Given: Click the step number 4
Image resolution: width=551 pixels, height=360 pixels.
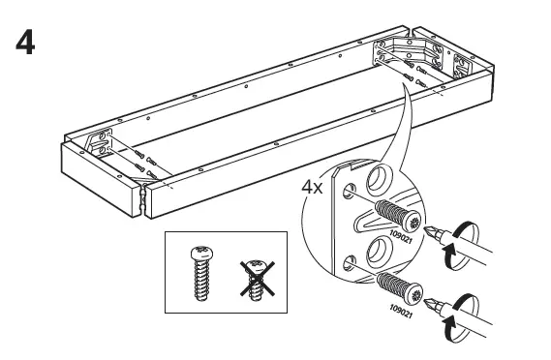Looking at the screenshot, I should [x=20, y=45].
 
